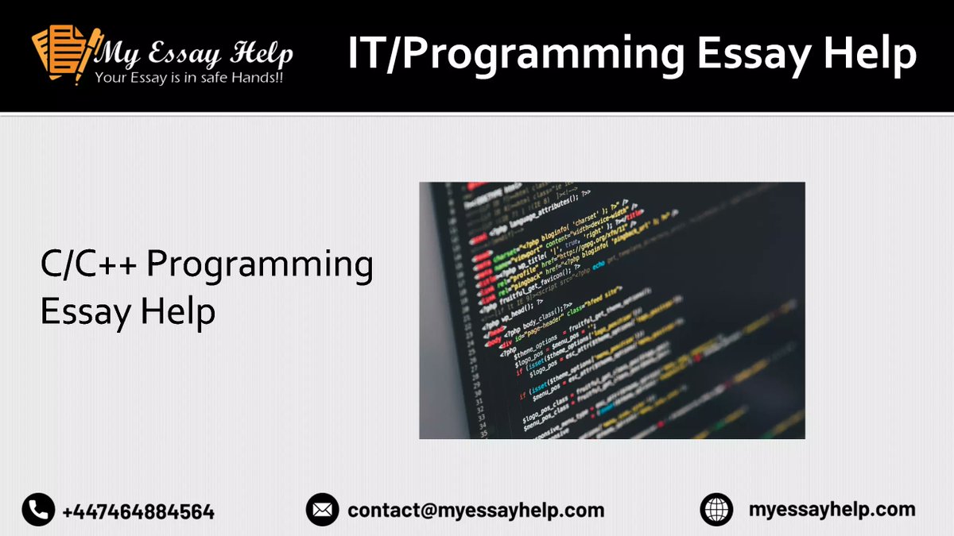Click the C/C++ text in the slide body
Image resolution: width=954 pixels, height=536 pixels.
click(x=90, y=265)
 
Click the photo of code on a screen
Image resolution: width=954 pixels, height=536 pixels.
click(x=611, y=310)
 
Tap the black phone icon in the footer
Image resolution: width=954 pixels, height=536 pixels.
click(x=38, y=510)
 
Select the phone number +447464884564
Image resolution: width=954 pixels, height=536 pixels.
click(x=138, y=511)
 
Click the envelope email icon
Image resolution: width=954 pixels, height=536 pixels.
click(x=322, y=510)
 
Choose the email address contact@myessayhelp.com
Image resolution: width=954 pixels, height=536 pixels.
click(x=475, y=510)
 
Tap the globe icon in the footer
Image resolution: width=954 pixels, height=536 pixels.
click(x=716, y=510)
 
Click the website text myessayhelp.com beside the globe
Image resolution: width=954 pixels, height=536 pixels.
click(x=832, y=509)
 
